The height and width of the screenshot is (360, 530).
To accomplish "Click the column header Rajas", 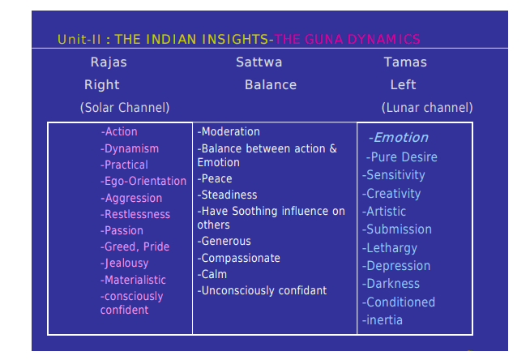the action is pyautogui.click(x=109, y=62).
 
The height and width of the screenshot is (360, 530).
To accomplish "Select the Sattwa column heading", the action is pyautogui.click(x=259, y=62).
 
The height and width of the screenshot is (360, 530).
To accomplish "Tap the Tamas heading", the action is pyautogui.click(x=405, y=62).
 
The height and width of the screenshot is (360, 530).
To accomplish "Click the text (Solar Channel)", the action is pyautogui.click(x=125, y=108).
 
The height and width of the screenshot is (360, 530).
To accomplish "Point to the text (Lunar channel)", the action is pyautogui.click(x=427, y=108).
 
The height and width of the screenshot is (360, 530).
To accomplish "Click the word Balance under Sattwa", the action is pyautogui.click(x=271, y=84).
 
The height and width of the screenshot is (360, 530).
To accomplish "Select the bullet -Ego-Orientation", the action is pyautogui.click(x=143, y=181).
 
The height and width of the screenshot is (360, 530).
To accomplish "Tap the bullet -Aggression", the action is pyautogui.click(x=131, y=198).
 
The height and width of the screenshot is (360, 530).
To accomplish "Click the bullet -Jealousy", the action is pyautogui.click(x=124, y=263).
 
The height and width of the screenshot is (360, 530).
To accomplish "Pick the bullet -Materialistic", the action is pyautogui.click(x=133, y=280).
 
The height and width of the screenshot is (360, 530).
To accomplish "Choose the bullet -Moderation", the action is pyautogui.click(x=229, y=131).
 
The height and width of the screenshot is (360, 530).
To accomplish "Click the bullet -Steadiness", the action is pyautogui.click(x=227, y=195).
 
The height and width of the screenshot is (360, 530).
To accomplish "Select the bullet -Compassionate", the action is pyautogui.click(x=238, y=259).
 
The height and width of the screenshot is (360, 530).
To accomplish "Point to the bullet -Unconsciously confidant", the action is pyautogui.click(x=262, y=290).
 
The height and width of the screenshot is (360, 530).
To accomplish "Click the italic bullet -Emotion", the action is pyautogui.click(x=398, y=138).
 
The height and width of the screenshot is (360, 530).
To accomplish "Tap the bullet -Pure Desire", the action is pyautogui.click(x=402, y=157).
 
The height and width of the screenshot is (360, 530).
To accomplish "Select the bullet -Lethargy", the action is pyautogui.click(x=390, y=248).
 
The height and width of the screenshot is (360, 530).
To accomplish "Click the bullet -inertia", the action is pyautogui.click(x=383, y=319).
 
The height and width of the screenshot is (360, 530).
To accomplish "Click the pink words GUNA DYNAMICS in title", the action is pyautogui.click(x=362, y=39).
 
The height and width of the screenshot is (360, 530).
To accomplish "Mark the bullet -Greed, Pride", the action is pyautogui.click(x=135, y=246).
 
